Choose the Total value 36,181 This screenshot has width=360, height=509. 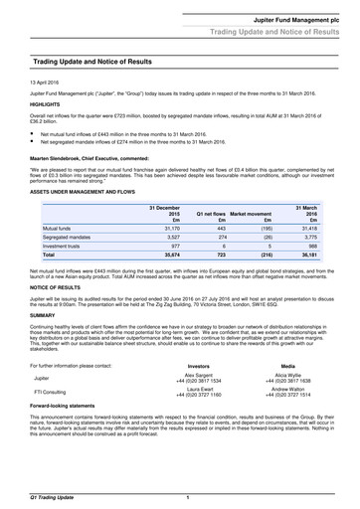click(333, 256)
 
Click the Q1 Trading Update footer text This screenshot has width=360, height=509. click(38, 495)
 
